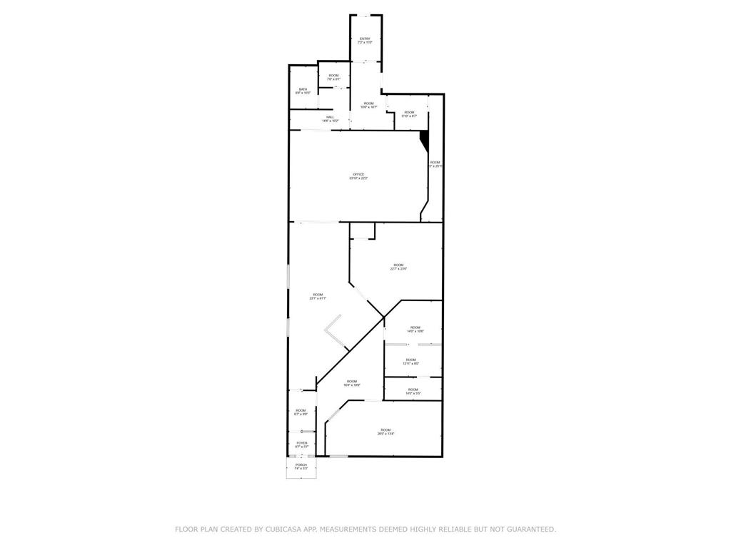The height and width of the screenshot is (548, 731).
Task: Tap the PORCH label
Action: point(301,466)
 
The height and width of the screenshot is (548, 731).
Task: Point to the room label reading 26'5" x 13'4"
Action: point(385,431)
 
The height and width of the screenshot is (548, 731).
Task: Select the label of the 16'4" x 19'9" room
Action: point(352,383)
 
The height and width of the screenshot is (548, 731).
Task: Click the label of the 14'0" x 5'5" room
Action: point(413,390)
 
